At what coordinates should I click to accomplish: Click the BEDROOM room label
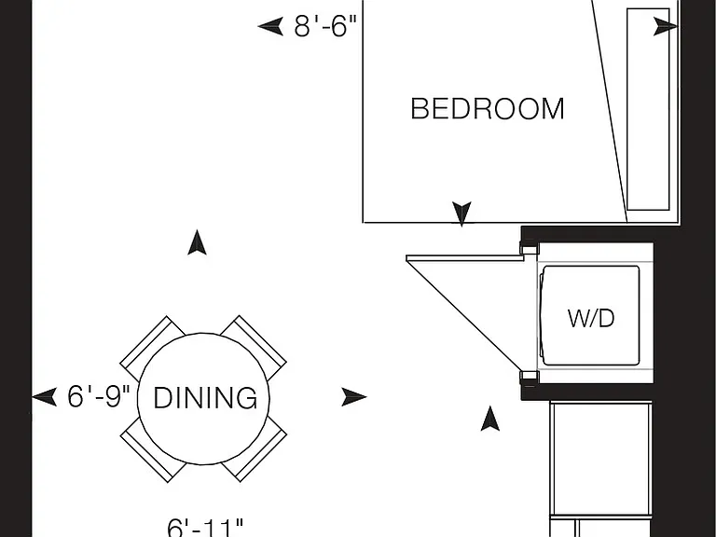488,109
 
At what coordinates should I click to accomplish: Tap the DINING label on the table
205,398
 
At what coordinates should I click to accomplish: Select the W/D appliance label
591,318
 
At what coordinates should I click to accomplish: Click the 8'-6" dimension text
324,25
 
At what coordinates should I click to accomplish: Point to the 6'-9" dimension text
99,396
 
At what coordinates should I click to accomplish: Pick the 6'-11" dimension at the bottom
205,528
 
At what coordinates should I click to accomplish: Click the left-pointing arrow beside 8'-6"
270,26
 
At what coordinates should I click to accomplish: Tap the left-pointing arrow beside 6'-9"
45,397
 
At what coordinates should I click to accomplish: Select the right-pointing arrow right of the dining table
354,397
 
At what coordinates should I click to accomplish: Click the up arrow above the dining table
197,242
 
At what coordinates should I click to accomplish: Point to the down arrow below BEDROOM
461,213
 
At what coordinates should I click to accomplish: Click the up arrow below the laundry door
490,419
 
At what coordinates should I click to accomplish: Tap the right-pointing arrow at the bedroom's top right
666,26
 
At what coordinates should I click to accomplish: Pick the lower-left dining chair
152,451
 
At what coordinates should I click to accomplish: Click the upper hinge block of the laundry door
530,249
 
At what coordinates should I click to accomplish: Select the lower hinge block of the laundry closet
530,378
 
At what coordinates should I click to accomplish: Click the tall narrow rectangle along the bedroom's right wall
649,109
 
